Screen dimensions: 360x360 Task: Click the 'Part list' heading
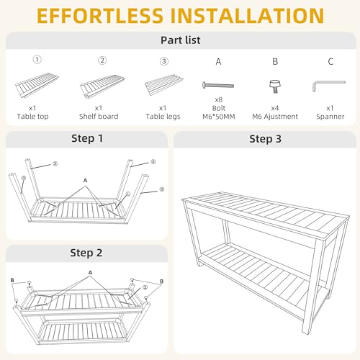pos(181,40)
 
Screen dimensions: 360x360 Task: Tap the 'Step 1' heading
pos(87,138)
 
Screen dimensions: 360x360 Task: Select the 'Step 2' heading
pos(86,253)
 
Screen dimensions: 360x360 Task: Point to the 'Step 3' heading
pos(265,139)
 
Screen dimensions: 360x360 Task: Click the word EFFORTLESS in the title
pos(100,16)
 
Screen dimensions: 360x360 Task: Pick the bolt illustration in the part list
pos(218,85)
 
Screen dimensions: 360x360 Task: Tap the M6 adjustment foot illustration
pos(275,86)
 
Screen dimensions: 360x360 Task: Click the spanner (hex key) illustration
pos(328,86)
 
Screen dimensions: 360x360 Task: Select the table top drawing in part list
pos(37,85)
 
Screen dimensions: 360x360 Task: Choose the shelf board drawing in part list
pos(102,86)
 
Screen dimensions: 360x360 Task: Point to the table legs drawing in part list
pos(164,84)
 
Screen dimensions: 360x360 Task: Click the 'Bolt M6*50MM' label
pos(219,112)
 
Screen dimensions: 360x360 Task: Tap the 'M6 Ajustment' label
pos(275,117)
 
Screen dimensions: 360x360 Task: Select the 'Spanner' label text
pos(330,117)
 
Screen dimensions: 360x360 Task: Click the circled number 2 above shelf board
pos(102,60)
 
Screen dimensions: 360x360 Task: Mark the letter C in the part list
pos(330,62)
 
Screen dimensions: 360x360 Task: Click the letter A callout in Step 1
pos(85,180)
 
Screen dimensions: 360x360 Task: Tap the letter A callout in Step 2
pos(90,273)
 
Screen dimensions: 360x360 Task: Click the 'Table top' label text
pos(32,117)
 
